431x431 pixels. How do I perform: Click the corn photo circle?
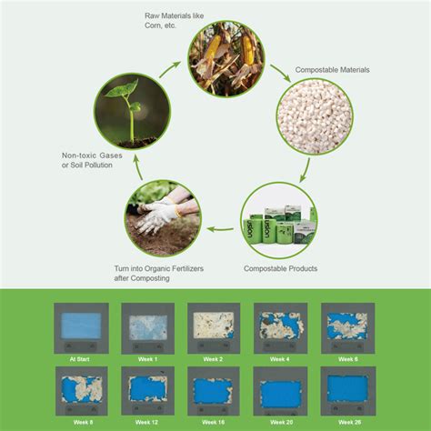(x=226, y=59)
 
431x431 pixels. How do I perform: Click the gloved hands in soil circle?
(x=164, y=218)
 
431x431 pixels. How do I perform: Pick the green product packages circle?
(x=280, y=222)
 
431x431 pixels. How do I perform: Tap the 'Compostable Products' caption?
(x=280, y=269)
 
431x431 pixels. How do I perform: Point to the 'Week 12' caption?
(x=147, y=423)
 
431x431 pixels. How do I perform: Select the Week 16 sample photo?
(x=213, y=389)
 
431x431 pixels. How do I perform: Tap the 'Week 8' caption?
(x=82, y=423)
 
